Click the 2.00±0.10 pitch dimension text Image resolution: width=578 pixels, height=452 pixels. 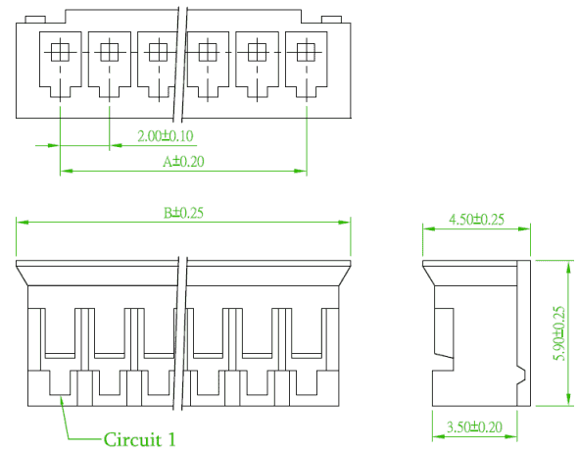coord(166,136)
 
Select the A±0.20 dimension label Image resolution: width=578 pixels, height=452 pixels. coord(183,161)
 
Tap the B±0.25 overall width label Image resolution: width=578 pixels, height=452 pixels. coord(183,213)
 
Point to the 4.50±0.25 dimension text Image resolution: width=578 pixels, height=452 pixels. coord(476,220)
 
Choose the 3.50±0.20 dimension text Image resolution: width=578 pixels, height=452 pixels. coord(474,427)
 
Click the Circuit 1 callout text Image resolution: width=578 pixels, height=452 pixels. coord(139,439)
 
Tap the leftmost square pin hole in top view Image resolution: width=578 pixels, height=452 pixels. coord(60,52)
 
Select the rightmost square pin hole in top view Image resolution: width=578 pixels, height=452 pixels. coord(306,52)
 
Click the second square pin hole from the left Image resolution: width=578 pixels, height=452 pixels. coord(109,52)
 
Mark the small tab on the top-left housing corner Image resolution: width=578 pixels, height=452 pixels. coord(35,20)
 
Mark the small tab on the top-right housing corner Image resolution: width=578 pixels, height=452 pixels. coord(331,20)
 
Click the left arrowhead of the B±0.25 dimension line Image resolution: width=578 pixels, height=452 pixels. coord(23,223)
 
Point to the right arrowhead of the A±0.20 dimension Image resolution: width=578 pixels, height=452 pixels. coord(301,171)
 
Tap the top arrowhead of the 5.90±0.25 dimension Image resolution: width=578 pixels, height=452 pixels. coord(567,267)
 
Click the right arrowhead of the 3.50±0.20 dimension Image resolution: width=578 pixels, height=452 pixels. coord(511,437)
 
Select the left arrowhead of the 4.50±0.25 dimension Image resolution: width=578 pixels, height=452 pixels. coord(429,228)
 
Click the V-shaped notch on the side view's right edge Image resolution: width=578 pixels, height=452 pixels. coord(521,376)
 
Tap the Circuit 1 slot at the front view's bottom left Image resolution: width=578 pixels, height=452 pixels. coord(60,382)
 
